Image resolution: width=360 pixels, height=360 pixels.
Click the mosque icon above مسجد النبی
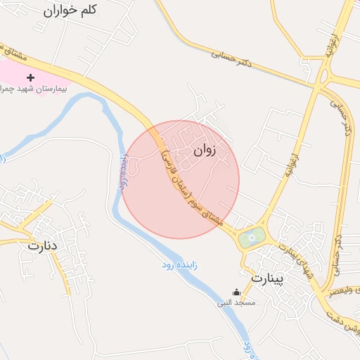(236, 292)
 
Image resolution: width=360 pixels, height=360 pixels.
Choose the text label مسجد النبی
(236, 303)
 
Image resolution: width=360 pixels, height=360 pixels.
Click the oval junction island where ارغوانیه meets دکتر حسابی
(326, 73)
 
